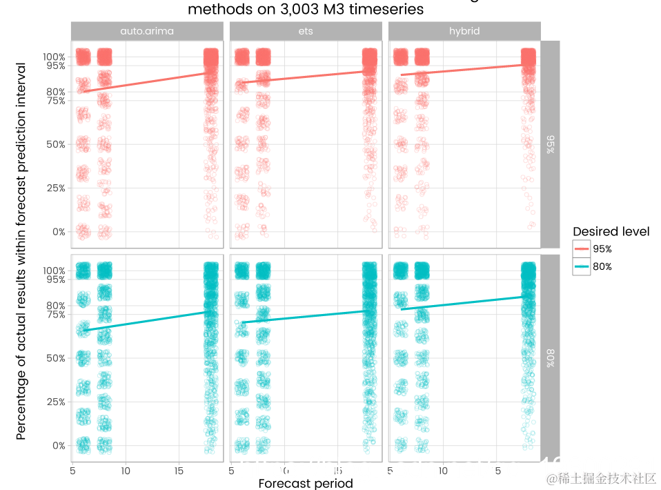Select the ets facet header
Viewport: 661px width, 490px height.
coord(306,31)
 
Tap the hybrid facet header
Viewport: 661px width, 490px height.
coord(464,31)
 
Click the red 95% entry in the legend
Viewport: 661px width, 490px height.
coord(602,249)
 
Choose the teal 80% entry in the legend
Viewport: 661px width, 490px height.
coord(602,266)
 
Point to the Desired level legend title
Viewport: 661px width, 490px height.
coord(611,231)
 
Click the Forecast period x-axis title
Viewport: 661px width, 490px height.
coord(306,483)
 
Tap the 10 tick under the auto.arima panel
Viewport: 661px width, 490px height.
coord(126,471)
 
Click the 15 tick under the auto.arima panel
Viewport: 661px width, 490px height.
coord(179,471)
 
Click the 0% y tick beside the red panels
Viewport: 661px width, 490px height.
coord(58,232)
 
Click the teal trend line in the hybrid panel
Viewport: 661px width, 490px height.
coord(464,303)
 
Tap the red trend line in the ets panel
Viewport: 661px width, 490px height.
coord(306,76)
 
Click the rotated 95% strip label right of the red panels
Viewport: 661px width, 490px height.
coord(550,144)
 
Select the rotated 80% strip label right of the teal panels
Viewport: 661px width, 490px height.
coord(550,358)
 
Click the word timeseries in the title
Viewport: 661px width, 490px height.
coord(383,10)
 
